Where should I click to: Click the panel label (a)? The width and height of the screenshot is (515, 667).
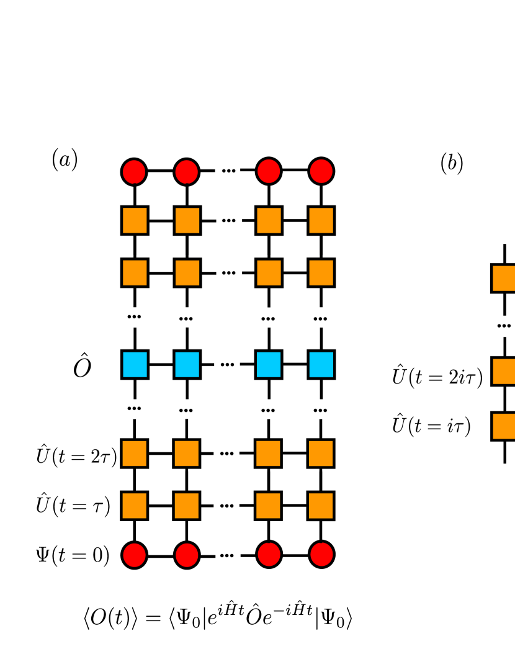(65, 160)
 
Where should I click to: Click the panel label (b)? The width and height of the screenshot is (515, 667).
(452, 163)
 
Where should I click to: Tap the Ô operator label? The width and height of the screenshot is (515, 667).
(83, 365)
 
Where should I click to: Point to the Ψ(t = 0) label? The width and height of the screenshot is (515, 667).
(73, 554)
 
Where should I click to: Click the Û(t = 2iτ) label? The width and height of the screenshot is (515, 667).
(437, 376)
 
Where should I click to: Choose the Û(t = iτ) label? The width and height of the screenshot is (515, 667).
(431, 425)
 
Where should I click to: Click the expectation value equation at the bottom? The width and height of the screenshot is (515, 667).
(218, 614)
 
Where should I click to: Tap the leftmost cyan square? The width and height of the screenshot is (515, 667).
(135, 365)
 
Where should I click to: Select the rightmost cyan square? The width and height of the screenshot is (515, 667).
(321, 365)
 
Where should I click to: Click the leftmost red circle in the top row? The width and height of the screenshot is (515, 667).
(134, 171)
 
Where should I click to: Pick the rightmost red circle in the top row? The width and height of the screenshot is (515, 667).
(321, 171)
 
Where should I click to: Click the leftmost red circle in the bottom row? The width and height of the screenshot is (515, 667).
(135, 555)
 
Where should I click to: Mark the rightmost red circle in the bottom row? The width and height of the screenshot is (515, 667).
(321, 555)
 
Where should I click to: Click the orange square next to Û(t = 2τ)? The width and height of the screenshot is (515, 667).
(135, 454)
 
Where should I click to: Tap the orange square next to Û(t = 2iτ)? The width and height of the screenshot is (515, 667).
(504, 371)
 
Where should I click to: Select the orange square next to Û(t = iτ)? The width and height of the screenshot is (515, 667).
(504, 426)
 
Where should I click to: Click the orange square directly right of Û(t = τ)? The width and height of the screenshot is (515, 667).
(135, 506)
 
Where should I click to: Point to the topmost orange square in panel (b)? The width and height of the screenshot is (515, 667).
(504, 278)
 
